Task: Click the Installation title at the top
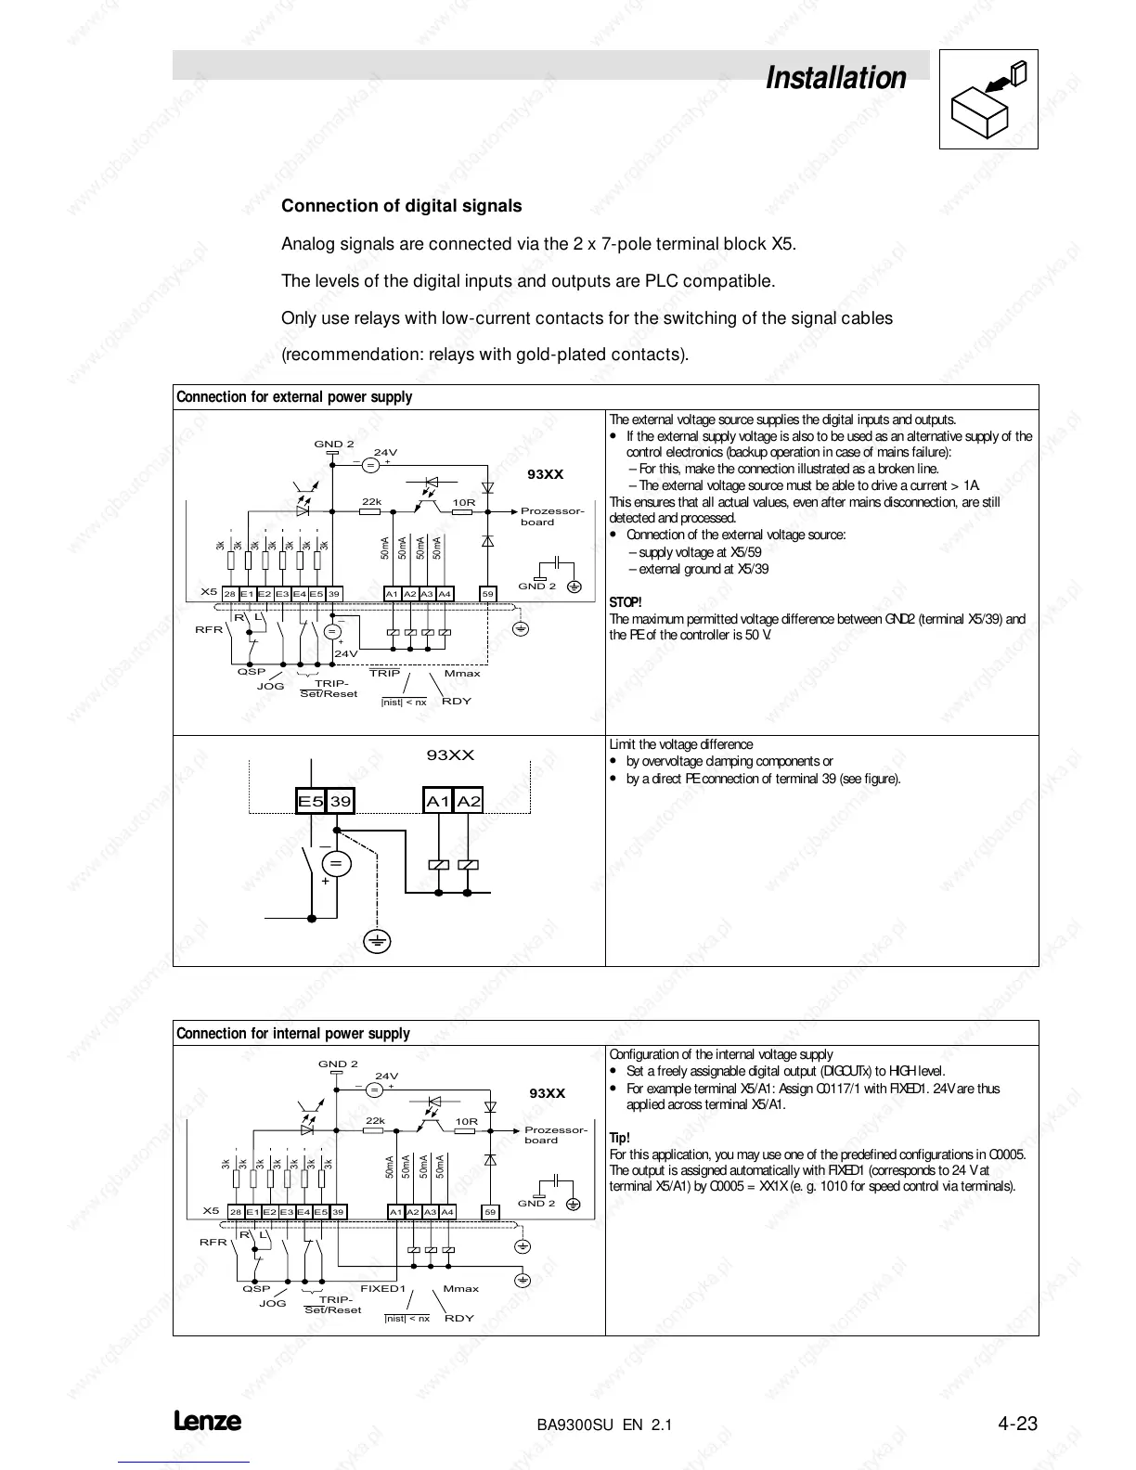[x=835, y=78]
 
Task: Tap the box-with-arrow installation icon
[x=988, y=99]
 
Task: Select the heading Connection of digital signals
[x=401, y=206]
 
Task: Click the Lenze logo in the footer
[x=207, y=1422]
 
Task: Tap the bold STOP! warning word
[x=625, y=602]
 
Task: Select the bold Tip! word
[x=619, y=1138]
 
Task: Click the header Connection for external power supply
[x=294, y=397]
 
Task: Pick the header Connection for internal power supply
[x=292, y=1034]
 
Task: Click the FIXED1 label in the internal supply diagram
[x=383, y=1288]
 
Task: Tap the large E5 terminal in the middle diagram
[x=310, y=801]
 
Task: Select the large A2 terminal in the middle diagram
[x=469, y=801]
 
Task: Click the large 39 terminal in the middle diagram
[x=341, y=801]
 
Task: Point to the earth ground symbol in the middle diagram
[x=376, y=942]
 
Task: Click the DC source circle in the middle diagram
[x=336, y=863]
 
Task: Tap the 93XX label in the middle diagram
[x=450, y=755]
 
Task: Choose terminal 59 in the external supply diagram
[x=488, y=594]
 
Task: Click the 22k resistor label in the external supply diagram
[x=371, y=502]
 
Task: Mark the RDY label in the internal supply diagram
[x=459, y=1318]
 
